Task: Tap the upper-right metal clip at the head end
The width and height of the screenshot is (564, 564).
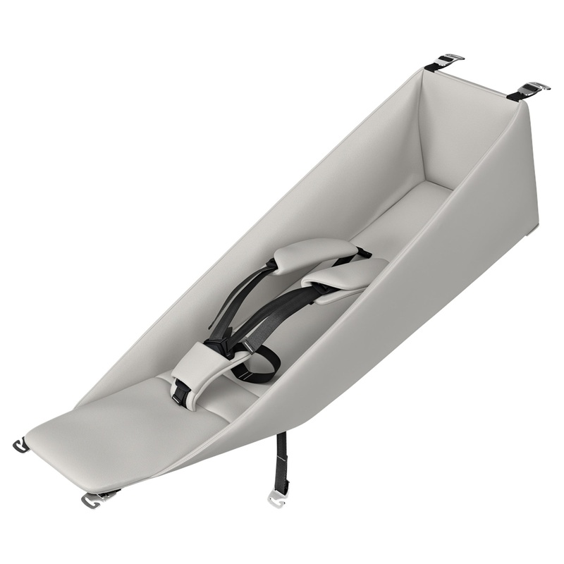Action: tap(536, 87)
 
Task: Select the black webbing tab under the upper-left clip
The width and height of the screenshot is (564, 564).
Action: tap(431, 68)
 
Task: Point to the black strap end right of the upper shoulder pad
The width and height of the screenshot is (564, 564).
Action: tap(362, 251)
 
